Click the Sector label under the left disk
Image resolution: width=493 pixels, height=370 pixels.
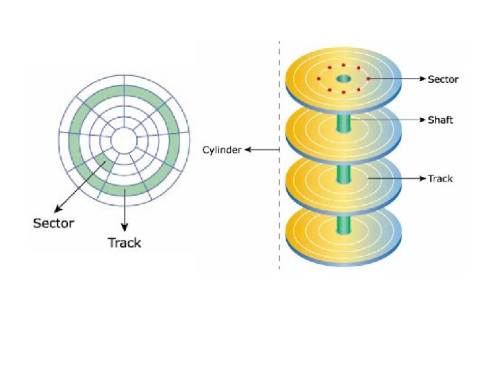click(x=53, y=222)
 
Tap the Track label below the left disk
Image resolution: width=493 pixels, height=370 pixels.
click(x=124, y=242)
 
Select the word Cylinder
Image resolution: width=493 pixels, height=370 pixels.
click(x=221, y=150)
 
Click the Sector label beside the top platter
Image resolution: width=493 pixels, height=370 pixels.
click(x=443, y=79)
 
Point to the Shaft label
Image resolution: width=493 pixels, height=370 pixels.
click(x=440, y=120)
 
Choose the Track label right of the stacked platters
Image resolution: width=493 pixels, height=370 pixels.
click(x=440, y=179)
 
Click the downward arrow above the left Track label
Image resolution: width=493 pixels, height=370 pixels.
click(x=124, y=212)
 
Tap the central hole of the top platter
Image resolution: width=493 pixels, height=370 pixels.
click(x=344, y=79)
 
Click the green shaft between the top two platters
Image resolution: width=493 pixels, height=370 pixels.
click(x=344, y=123)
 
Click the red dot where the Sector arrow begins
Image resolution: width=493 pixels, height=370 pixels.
click(x=368, y=79)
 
